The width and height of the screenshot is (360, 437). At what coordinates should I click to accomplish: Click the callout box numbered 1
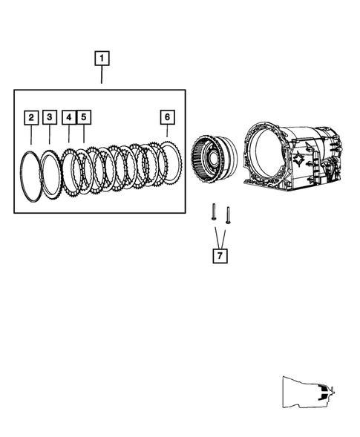[x=102, y=57]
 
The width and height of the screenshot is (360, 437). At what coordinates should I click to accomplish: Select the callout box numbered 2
[x=31, y=117]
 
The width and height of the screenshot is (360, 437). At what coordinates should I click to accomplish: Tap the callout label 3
[x=50, y=117]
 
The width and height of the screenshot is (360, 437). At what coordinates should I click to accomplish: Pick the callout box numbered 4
[x=68, y=117]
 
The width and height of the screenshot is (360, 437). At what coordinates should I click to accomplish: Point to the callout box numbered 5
[x=83, y=117]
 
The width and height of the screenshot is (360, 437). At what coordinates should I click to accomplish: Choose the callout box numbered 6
[x=167, y=117]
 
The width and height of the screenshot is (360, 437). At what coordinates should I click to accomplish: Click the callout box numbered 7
[x=219, y=256]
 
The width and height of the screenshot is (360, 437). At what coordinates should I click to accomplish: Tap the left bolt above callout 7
[x=212, y=214]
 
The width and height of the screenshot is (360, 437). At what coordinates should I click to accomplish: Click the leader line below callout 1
[x=102, y=74]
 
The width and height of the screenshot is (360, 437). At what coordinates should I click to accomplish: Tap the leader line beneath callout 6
[x=167, y=134]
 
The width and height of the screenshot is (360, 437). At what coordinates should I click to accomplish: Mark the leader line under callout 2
[x=31, y=135]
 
